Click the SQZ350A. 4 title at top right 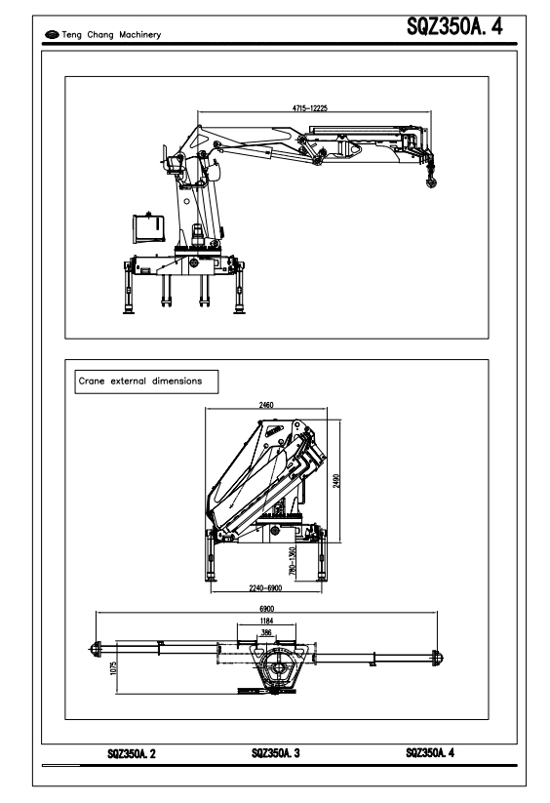point(454,26)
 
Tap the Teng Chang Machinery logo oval point(52,35)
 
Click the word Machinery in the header point(139,35)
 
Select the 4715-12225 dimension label point(309,108)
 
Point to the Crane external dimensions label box point(146,381)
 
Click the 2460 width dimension point(266,405)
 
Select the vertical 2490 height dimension point(336,480)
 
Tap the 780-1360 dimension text point(293,561)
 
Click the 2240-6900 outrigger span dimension point(265,588)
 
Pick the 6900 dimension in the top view point(266,609)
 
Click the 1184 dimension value point(266,621)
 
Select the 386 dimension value point(266,632)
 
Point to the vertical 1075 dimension point(113,667)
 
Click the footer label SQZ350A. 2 point(132,753)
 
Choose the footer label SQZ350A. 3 point(276,753)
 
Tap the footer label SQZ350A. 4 point(430,752)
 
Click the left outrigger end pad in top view point(95,649)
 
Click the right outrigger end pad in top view point(437,658)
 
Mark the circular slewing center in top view point(278,667)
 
